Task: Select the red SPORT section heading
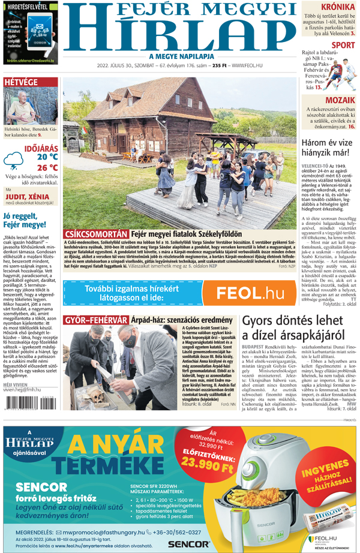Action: point(343,45)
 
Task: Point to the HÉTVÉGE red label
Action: point(21,82)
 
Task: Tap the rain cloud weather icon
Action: point(14,161)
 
